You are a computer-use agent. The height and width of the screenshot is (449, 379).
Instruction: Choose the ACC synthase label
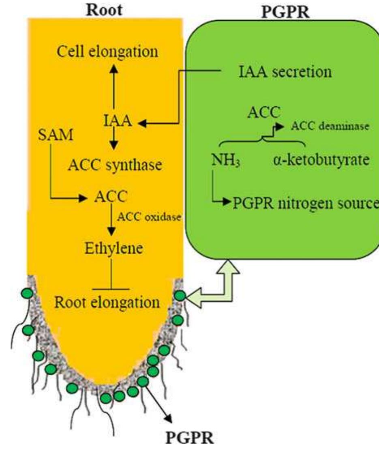point(116,165)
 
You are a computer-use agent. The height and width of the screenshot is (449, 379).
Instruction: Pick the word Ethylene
point(113,248)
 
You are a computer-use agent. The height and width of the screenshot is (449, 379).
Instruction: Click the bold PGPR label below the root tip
point(190,437)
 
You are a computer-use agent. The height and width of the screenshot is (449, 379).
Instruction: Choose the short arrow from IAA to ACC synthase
point(114,139)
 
